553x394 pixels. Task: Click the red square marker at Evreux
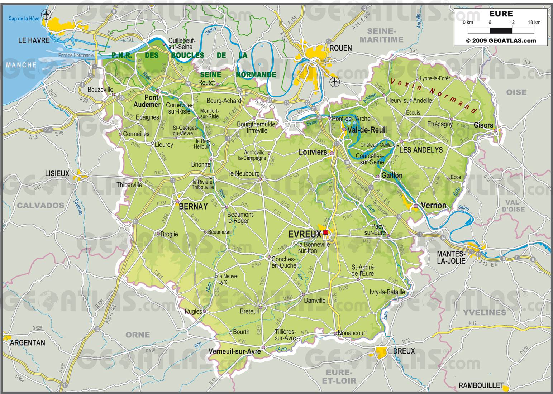[x=325, y=232]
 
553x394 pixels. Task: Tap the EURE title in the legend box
[x=501, y=14]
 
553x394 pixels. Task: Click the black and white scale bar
[x=501, y=30]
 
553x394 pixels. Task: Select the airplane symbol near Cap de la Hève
[x=46, y=14]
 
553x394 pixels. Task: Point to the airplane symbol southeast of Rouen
[x=334, y=82]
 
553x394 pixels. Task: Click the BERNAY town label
[x=193, y=207]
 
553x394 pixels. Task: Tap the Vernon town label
[x=434, y=206]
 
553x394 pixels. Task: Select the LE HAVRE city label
[x=34, y=40]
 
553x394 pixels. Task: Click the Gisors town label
[x=483, y=125]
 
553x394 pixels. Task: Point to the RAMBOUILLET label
[x=481, y=385]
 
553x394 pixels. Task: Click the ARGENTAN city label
[x=28, y=343]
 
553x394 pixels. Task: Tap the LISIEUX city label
[x=57, y=173]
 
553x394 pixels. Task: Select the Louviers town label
[x=313, y=152]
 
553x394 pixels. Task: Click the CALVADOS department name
[x=40, y=206]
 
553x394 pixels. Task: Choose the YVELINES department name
[x=484, y=313]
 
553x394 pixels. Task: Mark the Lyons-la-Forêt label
[x=435, y=78]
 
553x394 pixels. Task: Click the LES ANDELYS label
[x=421, y=150]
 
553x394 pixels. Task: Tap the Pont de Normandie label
[x=76, y=55]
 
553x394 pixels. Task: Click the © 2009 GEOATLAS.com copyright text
[x=501, y=40]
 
